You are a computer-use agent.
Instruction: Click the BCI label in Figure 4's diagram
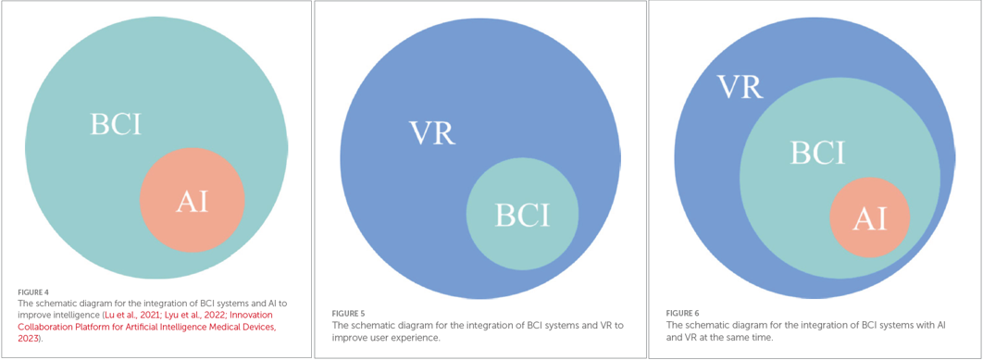coord(116,125)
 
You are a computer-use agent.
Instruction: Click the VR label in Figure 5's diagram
coord(432,133)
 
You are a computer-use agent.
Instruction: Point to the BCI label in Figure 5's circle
coord(522,215)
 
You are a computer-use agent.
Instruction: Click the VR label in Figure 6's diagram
coord(740,88)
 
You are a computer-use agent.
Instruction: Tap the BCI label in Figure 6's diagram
coord(817,153)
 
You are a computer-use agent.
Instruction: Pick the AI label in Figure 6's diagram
coord(869,218)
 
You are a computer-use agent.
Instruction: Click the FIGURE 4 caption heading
coord(33,292)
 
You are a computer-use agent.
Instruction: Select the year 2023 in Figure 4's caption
coord(29,339)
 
